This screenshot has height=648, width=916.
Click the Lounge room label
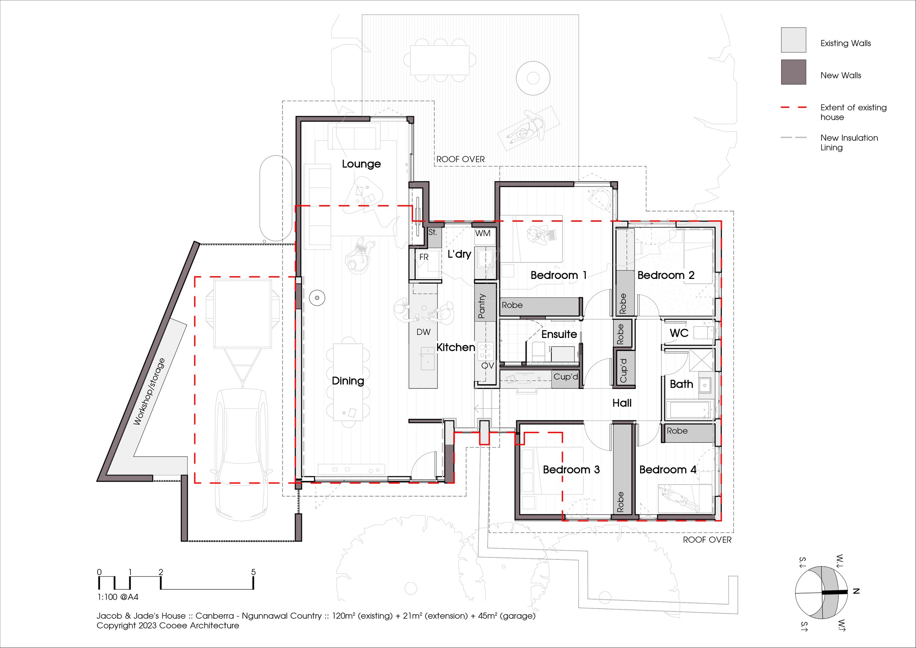[361, 164]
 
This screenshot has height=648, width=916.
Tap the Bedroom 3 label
[571, 470]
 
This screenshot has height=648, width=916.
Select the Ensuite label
[559, 334]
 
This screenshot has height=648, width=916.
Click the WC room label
[679, 333]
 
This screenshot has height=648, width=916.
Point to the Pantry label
[481, 306]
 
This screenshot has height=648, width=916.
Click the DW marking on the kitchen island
[423, 332]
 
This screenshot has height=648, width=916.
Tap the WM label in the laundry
[483, 233]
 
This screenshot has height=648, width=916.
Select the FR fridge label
[424, 257]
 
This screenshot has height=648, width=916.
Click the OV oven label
[488, 365]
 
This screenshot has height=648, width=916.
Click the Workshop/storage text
[149, 391]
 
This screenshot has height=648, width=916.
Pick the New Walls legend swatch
[793, 72]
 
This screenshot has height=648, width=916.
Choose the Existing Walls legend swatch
[793, 40]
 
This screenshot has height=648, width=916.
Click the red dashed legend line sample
[793, 107]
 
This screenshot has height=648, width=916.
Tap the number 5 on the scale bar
[253, 572]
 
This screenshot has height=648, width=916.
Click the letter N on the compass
[856, 591]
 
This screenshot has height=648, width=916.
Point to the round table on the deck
[533, 78]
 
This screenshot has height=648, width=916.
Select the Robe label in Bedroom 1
[512, 305]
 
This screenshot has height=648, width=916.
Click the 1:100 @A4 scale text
[118, 597]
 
